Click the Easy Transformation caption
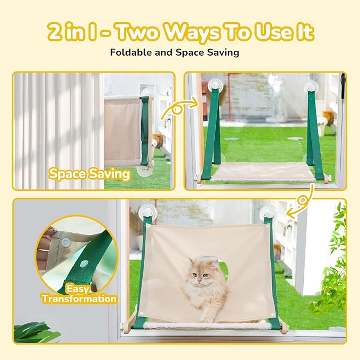pos(79,294)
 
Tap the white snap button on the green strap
pos(84,263)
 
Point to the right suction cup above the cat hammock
pos(268,213)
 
